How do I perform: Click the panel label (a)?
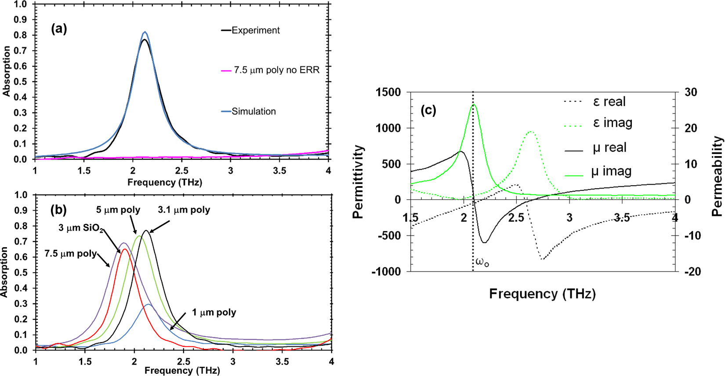(59, 29)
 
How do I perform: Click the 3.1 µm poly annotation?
(184, 210)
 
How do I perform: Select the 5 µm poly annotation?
(118, 210)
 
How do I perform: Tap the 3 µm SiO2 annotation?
(81, 228)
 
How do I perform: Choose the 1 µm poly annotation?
(214, 312)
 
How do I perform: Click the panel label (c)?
(428, 110)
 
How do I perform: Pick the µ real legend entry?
(609, 147)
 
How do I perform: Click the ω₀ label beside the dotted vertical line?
(482, 263)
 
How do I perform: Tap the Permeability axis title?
(717, 176)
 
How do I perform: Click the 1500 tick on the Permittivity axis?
(388, 92)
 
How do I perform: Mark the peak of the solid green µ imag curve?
(473, 105)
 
